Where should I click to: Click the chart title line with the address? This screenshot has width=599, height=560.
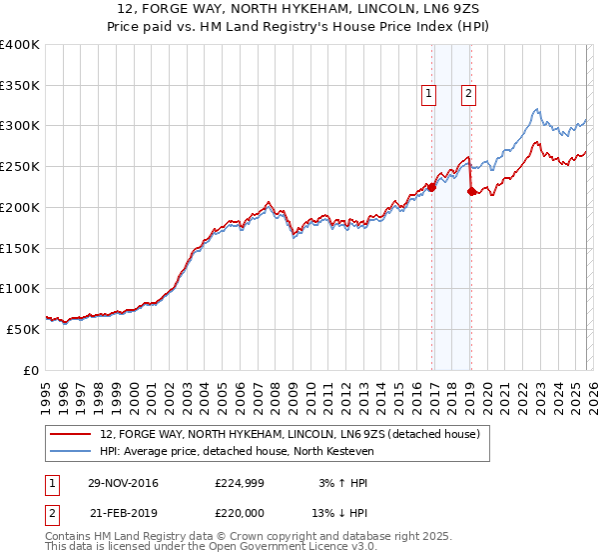click(x=299, y=10)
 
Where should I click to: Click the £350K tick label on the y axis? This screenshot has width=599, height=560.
click(x=20, y=85)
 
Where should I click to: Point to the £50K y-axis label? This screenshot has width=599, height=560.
click(x=22, y=329)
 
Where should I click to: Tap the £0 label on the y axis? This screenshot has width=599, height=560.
click(x=30, y=370)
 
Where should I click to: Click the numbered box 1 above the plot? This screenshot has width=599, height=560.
click(x=428, y=95)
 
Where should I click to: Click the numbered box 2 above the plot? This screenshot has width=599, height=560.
click(x=467, y=95)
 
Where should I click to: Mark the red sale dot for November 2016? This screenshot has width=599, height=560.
click(x=431, y=187)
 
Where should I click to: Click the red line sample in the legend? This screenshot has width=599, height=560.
click(x=70, y=435)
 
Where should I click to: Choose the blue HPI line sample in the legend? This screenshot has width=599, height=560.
click(x=70, y=451)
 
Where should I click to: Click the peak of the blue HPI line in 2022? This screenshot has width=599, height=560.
click(x=537, y=109)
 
